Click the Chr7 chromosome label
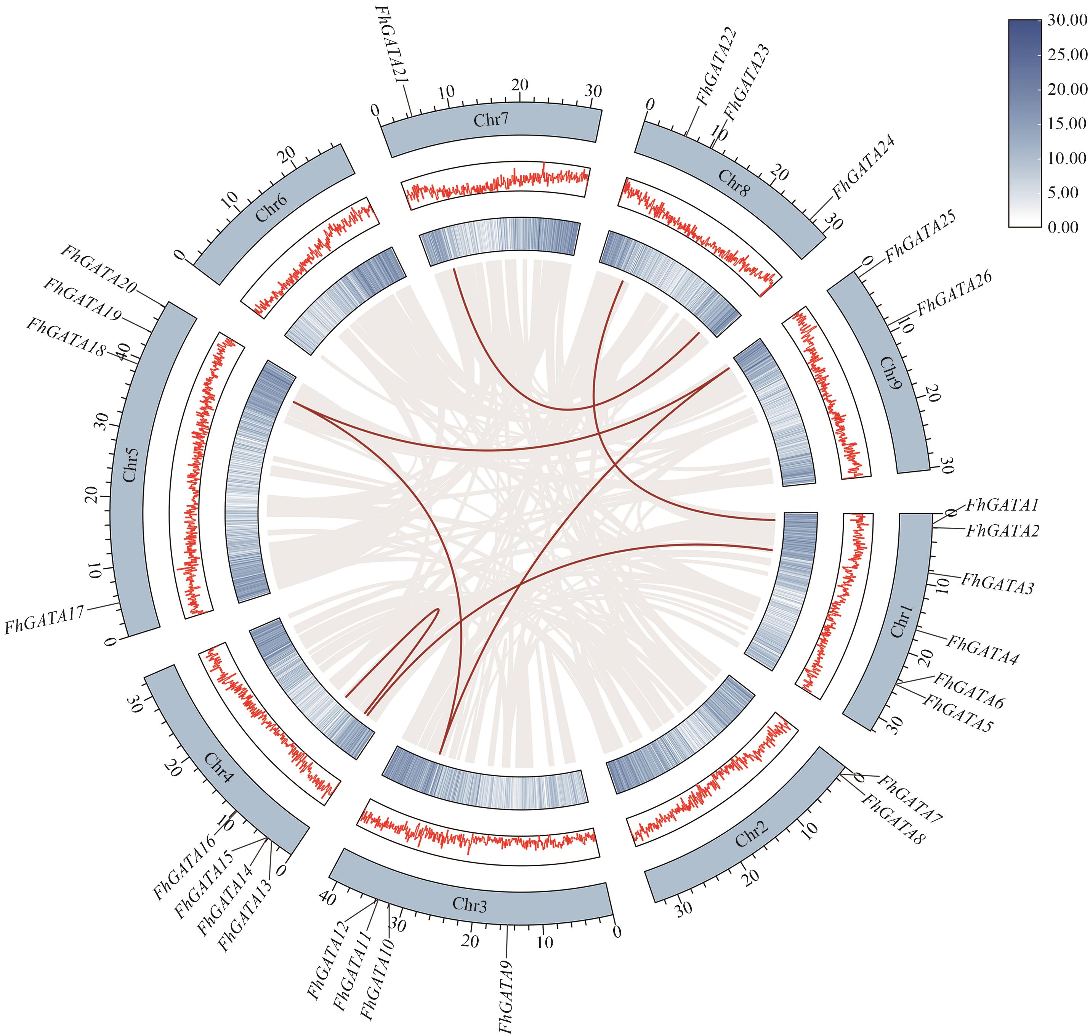pos(490,120)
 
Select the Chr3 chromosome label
pos(470,904)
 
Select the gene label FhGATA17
pos(44,620)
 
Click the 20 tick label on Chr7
pos(519,85)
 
